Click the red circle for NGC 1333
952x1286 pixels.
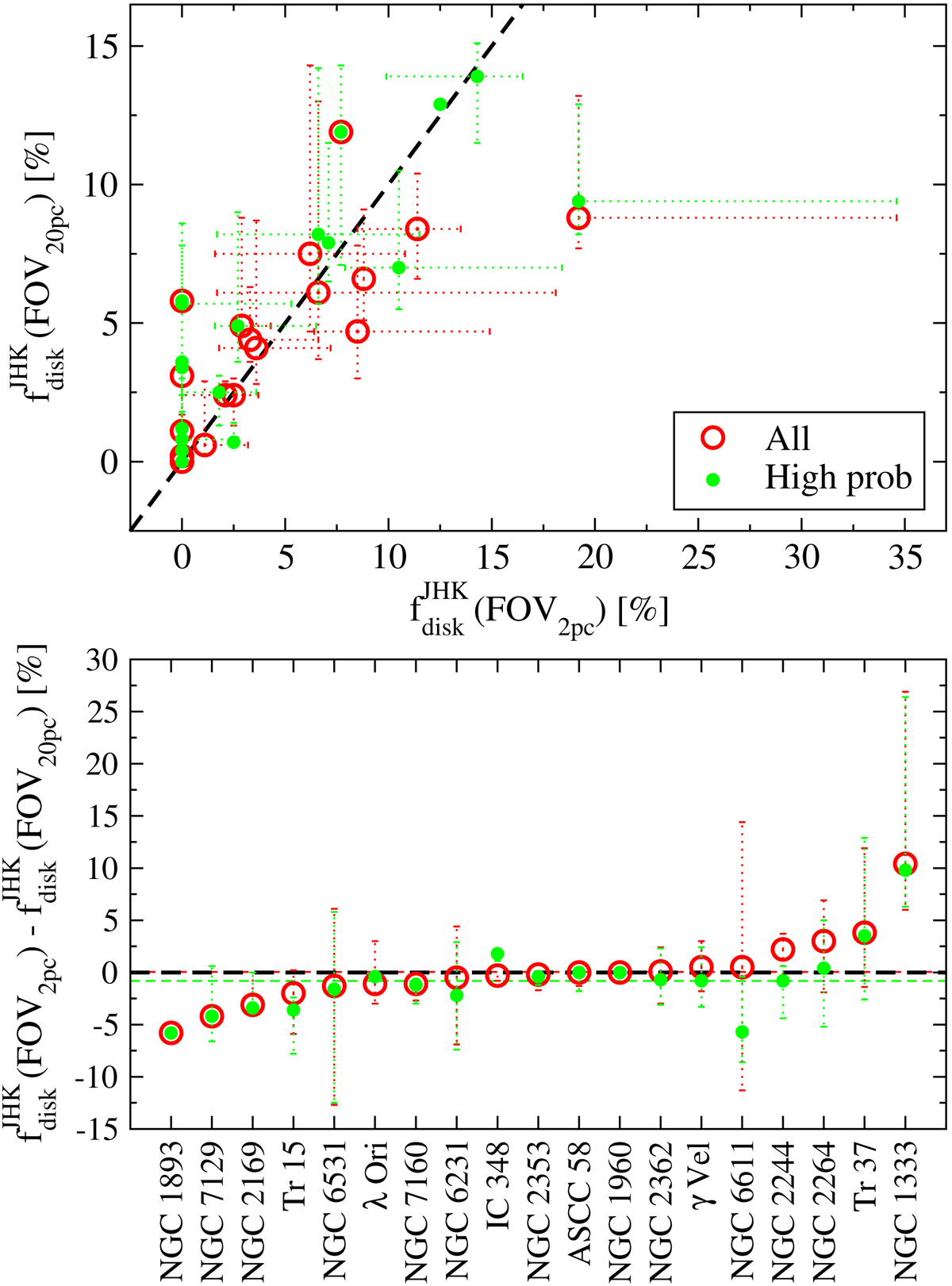(x=905, y=863)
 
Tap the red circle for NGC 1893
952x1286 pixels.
(x=171, y=1033)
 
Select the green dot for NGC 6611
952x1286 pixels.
(x=742, y=1032)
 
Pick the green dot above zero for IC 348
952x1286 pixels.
(x=497, y=954)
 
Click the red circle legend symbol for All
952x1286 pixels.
(x=712, y=437)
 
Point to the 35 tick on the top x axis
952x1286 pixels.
(x=904, y=559)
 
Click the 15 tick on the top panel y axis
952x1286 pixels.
(x=102, y=47)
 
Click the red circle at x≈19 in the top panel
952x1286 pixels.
(x=578, y=217)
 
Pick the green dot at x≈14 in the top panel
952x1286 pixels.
(x=477, y=76)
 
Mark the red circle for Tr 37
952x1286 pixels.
(x=864, y=933)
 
